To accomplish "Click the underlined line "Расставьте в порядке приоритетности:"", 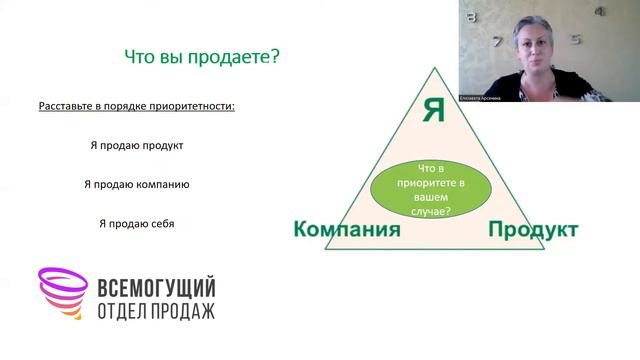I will (137, 106).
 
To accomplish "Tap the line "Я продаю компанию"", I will (137, 184).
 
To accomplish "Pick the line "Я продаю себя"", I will (136, 223).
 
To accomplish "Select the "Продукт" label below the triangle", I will (533, 230).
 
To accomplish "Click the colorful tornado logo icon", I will (61, 294).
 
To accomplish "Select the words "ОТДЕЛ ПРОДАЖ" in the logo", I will (155, 310).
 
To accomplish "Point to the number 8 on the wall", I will (472, 17).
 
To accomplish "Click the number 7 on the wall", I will (496, 42).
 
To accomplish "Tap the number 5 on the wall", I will (576, 41).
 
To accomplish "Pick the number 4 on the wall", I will (599, 13).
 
